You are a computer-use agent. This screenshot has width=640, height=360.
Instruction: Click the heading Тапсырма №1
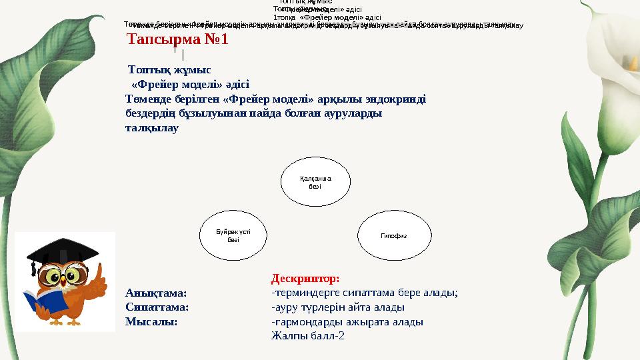[178, 39]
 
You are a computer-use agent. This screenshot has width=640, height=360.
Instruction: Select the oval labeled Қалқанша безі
[315, 182]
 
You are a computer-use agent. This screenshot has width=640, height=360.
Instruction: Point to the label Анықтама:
[156, 293]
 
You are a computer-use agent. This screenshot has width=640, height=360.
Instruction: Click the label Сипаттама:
[157, 307]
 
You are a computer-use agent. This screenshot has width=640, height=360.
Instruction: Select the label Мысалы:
[151, 321]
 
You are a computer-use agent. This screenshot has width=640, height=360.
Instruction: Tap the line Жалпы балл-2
[307, 336]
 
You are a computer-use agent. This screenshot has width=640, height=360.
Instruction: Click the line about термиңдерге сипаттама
[364, 293]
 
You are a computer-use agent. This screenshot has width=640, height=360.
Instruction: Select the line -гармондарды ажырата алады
[347, 322]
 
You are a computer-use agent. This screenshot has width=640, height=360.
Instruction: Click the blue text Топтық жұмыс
[169, 69]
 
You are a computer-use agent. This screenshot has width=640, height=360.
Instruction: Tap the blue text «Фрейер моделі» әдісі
[190, 85]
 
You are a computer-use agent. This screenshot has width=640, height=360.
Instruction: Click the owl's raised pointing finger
[99, 273]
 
